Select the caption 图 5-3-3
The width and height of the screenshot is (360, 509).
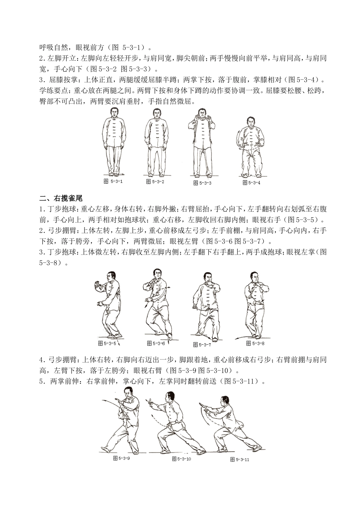click(x=202, y=183)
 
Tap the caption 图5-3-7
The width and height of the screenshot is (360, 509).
click(x=202, y=345)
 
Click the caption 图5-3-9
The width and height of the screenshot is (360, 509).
click(x=121, y=458)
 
